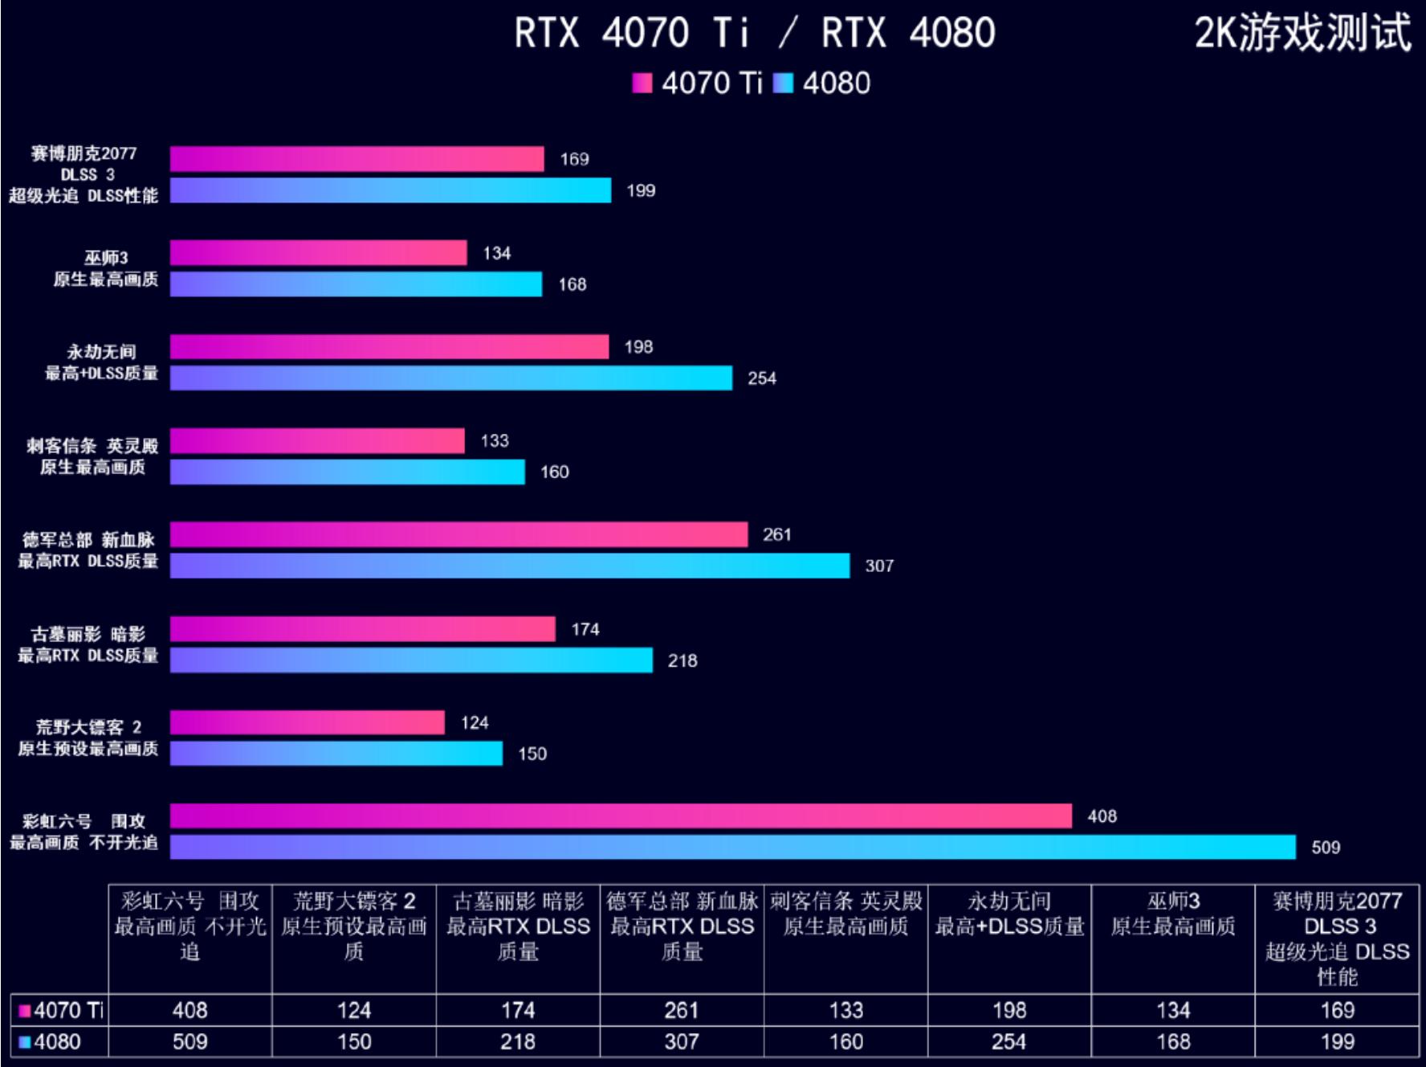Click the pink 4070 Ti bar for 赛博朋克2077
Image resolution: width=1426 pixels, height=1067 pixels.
click(x=356, y=159)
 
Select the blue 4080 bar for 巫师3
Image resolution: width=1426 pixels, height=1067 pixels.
click(x=356, y=284)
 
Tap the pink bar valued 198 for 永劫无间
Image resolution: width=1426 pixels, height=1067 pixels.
click(x=389, y=347)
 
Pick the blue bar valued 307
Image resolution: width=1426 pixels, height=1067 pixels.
click(x=510, y=566)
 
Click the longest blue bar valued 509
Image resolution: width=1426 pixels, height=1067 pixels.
click(x=732, y=847)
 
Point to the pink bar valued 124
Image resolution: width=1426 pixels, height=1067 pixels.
click(x=307, y=722)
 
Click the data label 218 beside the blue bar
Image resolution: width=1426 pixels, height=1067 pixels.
click(x=682, y=660)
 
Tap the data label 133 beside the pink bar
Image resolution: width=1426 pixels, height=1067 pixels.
click(x=495, y=441)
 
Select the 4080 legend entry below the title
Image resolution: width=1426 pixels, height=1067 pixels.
click(x=823, y=84)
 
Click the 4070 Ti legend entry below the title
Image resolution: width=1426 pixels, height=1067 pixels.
click(x=698, y=84)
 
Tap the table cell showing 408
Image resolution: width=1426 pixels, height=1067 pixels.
click(x=190, y=1010)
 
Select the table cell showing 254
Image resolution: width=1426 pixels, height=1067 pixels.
click(x=1008, y=1042)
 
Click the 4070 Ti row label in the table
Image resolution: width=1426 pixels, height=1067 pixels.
click(x=61, y=1010)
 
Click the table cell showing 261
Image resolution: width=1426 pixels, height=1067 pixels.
click(x=681, y=1010)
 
